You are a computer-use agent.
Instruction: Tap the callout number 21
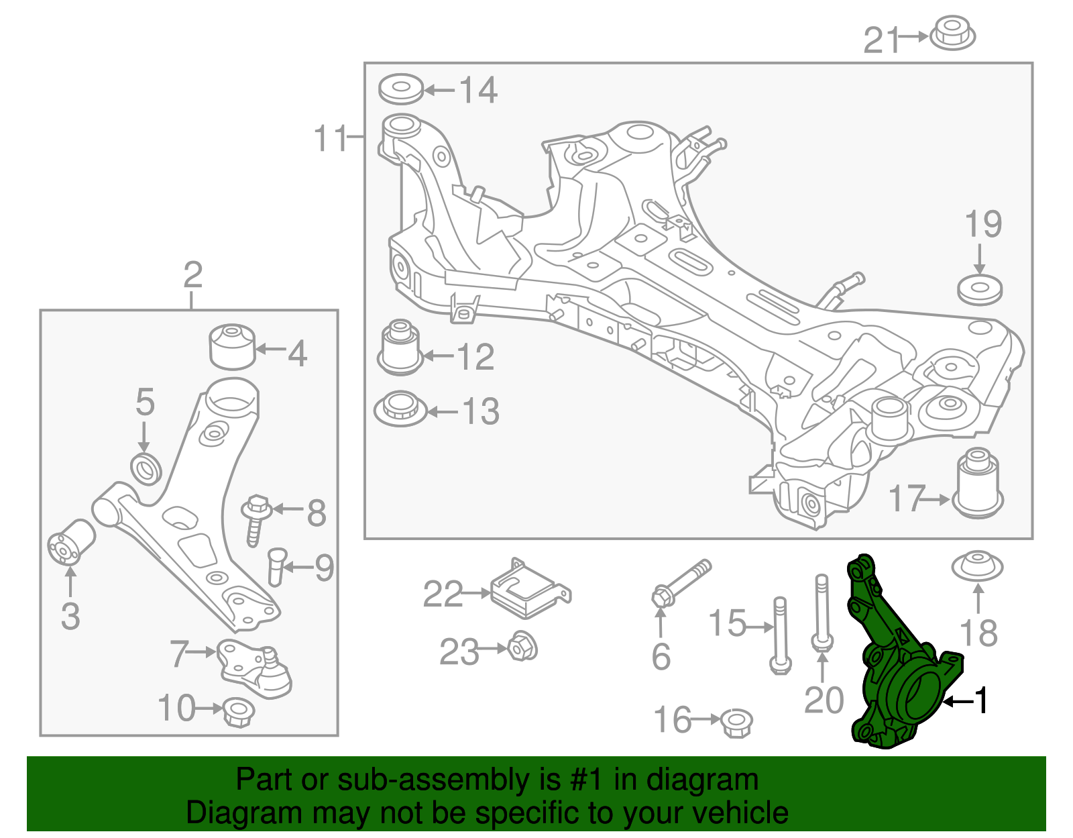[880, 40]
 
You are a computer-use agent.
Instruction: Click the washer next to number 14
[400, 89]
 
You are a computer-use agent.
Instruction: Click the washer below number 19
[980, 290]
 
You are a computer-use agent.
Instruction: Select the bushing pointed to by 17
[978, 483]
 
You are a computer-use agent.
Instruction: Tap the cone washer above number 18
[978, 567]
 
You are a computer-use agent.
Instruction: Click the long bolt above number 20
[822, 611]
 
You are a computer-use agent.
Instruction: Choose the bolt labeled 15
[780, 634]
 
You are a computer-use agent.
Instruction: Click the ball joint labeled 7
[255, 668]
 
